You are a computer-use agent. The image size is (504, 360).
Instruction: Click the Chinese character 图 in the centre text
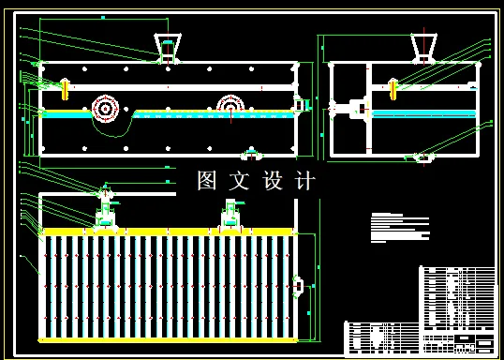click(x=207, y=181)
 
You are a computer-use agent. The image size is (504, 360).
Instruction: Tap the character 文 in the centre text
click(x=241, y=181)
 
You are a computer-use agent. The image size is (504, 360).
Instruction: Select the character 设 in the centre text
click(x=274, y=181)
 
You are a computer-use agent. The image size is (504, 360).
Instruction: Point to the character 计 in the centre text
click(x=305, y=181)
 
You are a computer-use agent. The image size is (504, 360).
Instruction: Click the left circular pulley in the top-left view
click(x=104, y=109)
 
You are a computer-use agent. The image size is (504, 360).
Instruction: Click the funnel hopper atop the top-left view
click(x=169, y=47)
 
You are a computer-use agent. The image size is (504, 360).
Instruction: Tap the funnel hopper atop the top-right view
click(x=422, y=45)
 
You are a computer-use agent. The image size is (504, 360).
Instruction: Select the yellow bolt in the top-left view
click(x=65, y=89)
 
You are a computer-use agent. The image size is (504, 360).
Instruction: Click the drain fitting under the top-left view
click(x=251, y=153)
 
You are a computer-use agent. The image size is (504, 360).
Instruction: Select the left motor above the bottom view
click(x=105, y=211)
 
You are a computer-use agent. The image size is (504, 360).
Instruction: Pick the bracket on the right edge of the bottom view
click(x=299, y=284)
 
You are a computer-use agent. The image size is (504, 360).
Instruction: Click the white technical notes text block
click(x=399, y=227)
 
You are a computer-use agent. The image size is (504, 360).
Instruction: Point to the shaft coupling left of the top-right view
click(x=355, y=109)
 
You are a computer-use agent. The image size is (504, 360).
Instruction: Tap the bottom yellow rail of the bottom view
click(x=169, y=339)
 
